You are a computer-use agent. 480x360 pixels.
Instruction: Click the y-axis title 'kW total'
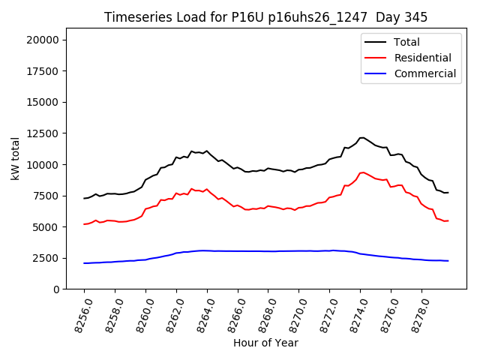pos(15,158)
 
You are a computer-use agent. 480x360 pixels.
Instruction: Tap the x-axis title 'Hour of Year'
pos(265,343)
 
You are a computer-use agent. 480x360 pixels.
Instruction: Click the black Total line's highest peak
pos(361,138)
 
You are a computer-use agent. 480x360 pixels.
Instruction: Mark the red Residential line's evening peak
pos(362,172)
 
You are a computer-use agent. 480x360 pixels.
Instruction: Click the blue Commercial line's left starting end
pos(85,263)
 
